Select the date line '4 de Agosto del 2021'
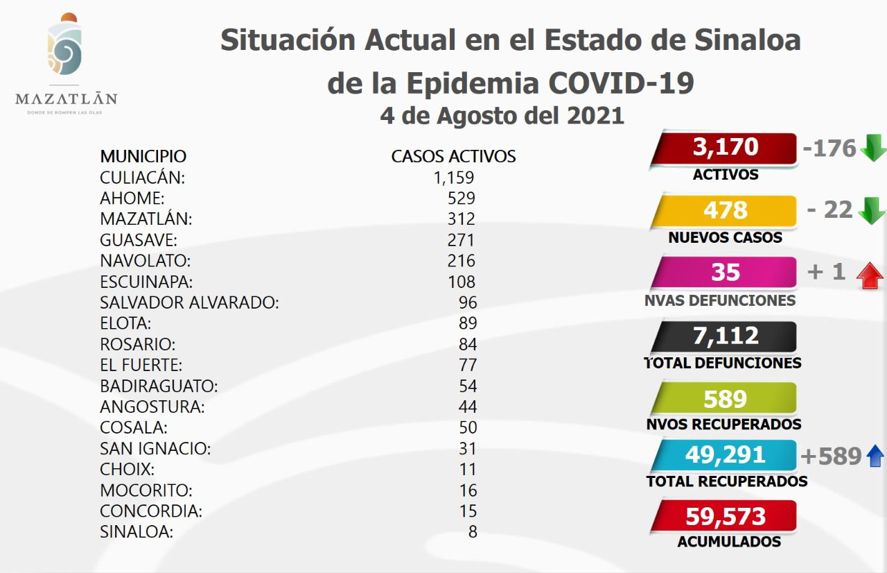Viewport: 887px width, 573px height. [502, 115]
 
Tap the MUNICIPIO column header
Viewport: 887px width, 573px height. [143, 156]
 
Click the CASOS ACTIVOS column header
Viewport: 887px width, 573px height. [453, 156]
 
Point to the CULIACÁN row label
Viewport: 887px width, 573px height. [142, 177]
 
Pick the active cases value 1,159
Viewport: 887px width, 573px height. [454, 178]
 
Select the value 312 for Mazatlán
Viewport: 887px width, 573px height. [462, 219]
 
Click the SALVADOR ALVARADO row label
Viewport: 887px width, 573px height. [189, 302]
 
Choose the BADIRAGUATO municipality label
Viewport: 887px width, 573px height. [159, 386]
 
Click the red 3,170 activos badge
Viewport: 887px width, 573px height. [725, 148]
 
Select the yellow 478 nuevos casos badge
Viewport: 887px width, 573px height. [725, 210]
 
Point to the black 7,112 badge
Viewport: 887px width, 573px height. [725, 336]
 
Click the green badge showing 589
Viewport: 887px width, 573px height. [725, 399]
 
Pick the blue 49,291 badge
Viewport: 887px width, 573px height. [725, 455]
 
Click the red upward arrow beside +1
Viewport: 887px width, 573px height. [870, 275]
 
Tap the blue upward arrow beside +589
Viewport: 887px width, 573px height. [875, 456]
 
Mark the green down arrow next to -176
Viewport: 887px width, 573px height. [872, 148]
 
